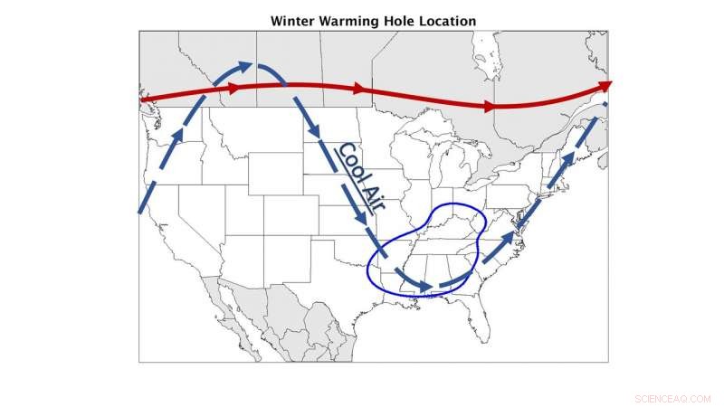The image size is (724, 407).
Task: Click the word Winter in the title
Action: click(x=291, y=21)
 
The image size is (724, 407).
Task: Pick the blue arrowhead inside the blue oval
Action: click(x=424, y=289)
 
